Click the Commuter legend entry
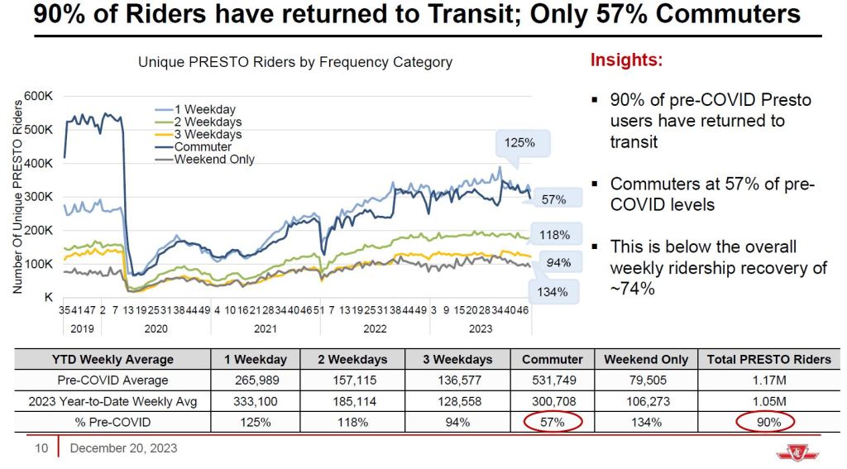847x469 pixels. pos(203,147)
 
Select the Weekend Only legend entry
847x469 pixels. pos(213,160)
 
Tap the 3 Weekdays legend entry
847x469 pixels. pos(208,134)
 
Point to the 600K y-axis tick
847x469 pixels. pos(39,96)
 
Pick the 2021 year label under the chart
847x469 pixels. pos(265,328)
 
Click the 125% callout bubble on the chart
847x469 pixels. pos(520,142)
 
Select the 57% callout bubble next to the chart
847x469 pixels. pos(553,199)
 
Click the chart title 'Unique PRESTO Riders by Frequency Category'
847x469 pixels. pos(295,62)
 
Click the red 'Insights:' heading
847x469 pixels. pos(626,60)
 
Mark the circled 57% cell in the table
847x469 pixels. pos(553,422)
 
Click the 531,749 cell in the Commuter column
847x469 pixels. pos(553,380)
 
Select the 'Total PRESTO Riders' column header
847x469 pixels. pos(769,359)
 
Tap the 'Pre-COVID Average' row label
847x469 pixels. pos(112,380)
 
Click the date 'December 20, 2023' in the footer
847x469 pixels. pos(123,449)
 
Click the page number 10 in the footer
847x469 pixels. pos(41,449)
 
